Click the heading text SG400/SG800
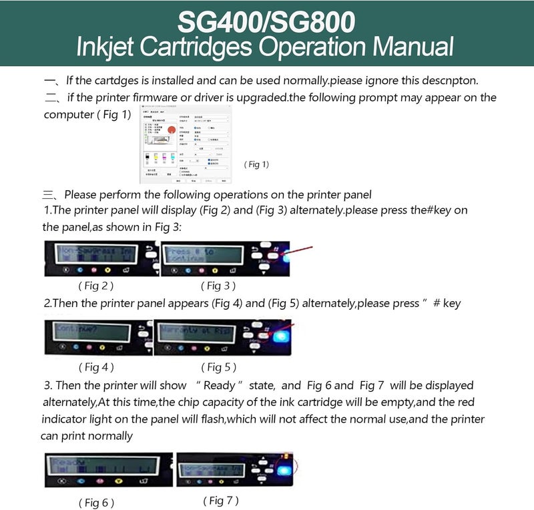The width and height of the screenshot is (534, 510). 266,22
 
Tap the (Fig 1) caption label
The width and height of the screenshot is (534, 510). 257,164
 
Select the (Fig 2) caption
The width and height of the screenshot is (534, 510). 96,285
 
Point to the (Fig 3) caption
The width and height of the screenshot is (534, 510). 219,285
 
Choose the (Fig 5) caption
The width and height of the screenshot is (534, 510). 219,366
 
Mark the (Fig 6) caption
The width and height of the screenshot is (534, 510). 96,502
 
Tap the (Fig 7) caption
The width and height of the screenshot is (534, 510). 221,500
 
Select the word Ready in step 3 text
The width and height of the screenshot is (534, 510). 219,386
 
